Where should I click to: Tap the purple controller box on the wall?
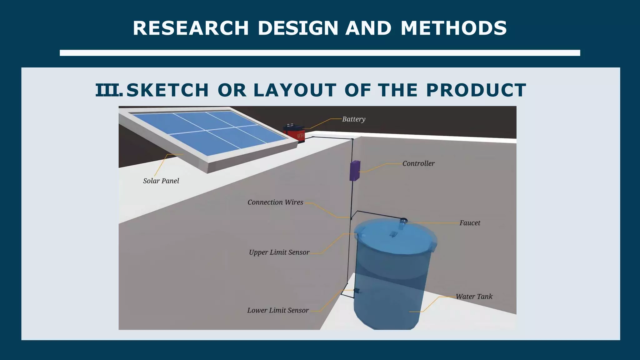tap(355, 171)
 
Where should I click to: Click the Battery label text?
tap(353, 119)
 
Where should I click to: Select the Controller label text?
tap(418, 163)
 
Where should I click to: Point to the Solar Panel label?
tap(161, 181)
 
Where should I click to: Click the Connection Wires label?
tap(275, 202)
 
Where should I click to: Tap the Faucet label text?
tap(469, 223)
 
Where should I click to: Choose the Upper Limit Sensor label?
tap(279, 252)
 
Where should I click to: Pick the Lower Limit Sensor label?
tap(277, 310)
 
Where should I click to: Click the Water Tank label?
tap(474, 297)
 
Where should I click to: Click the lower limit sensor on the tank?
tap(357, 291)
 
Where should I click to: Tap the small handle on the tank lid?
tap(393, 234)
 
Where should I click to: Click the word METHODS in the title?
tap(453, 28)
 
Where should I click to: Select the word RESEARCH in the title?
tap(191, 28)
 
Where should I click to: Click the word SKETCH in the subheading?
tap(167, 90)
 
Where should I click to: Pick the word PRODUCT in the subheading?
tap(476, 90)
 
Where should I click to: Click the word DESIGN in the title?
tap(298, 28)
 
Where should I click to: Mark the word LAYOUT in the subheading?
tap(295, 90)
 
